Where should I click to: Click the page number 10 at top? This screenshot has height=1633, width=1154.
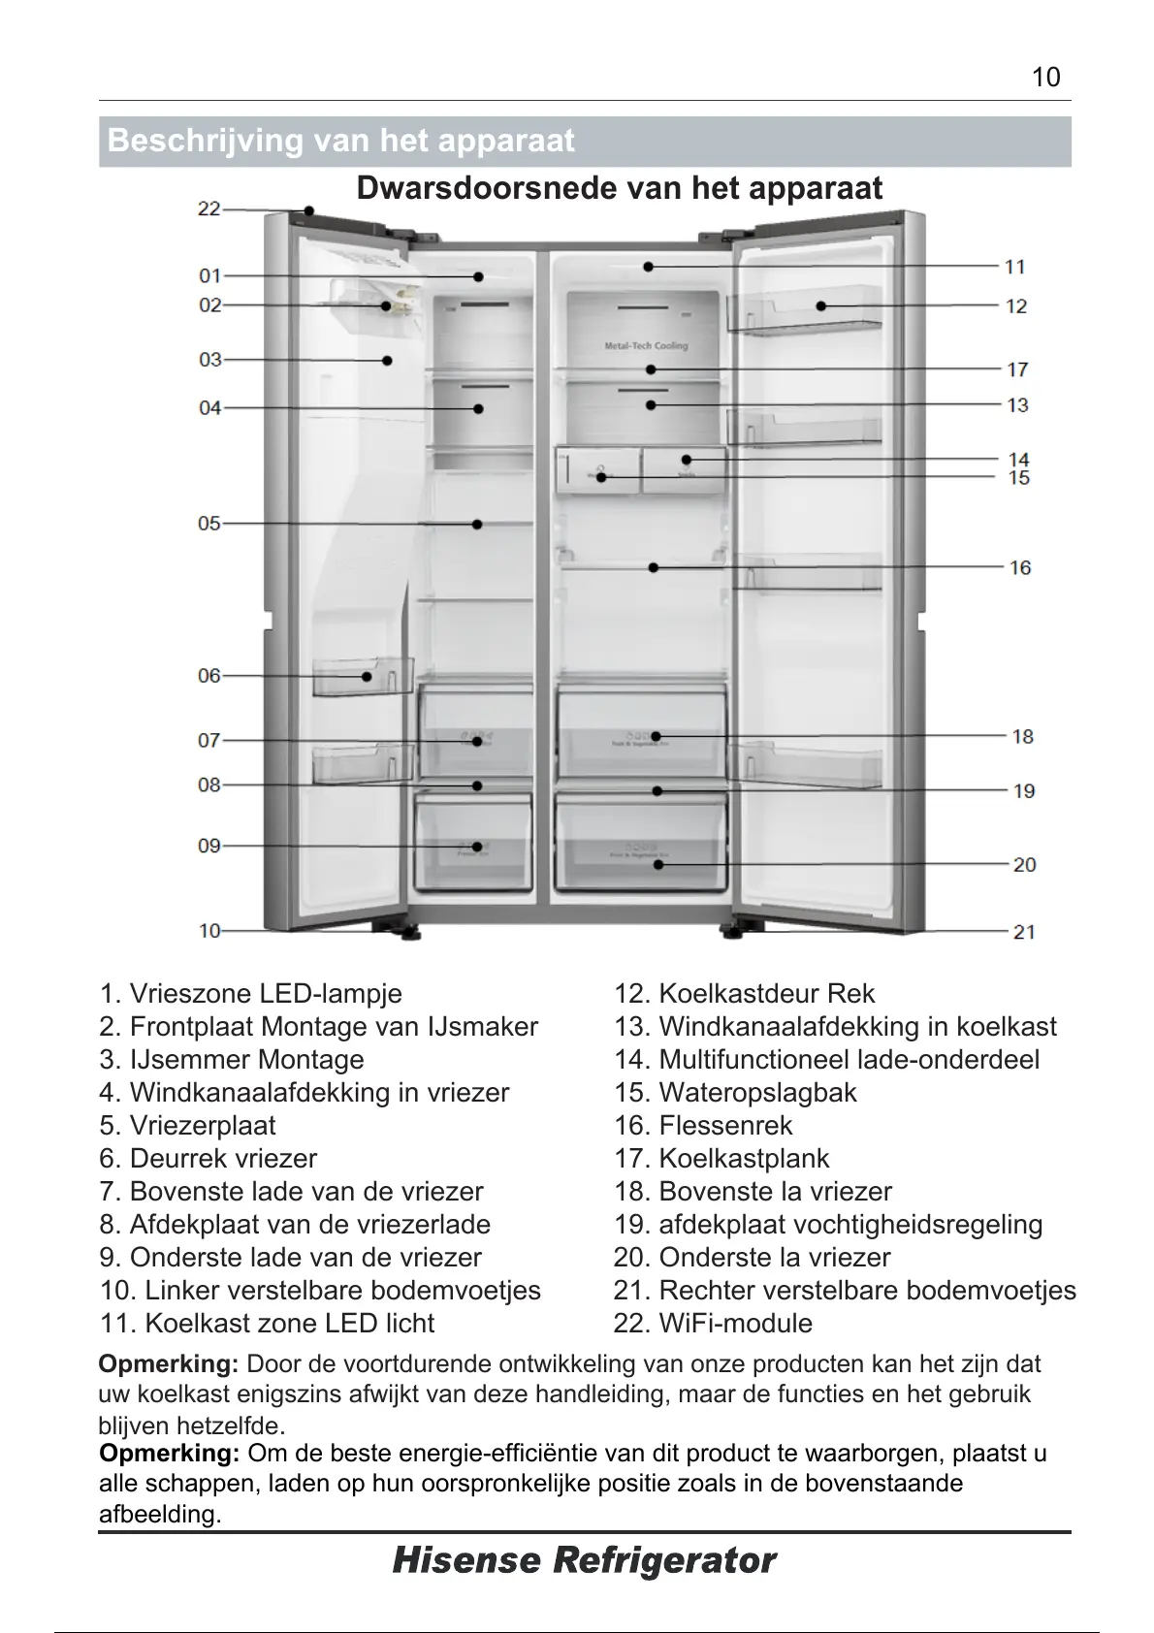click(x=1046, y=78)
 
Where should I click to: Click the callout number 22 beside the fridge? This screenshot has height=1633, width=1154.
click(x=209, y=208)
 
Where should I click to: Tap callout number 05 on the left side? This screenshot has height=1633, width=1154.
click(x=209, y=524)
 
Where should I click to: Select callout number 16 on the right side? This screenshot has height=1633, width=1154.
click(x=1020, y=567)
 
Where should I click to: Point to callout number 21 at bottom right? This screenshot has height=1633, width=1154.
click(x=1024, y=932)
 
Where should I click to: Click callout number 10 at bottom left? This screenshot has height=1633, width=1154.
click(x=209, y=931)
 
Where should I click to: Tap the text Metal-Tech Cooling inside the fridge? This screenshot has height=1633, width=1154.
click(x=646, y=346)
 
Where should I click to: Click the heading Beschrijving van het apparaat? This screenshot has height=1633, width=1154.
click(x=341, y=141)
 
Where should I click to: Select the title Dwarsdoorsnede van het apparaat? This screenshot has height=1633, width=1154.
click(x=620, y=187)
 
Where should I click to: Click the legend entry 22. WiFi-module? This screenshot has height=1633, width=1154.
click(x=713, y=1323)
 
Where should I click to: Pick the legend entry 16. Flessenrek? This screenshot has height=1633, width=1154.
click(x=703, y=1125)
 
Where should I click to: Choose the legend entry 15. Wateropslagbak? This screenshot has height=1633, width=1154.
click(x=735, y=1092)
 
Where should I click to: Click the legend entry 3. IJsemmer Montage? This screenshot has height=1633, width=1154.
click(x=232, y=1059)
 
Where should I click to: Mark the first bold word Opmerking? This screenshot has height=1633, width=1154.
click(x=169, y=1364)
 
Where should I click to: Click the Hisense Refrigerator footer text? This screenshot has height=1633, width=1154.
click(x=584, y=1561)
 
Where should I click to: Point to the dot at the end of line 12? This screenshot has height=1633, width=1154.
click(x=821, y=305)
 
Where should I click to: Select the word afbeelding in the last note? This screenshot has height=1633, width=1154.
click(x=160, y=1515)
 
